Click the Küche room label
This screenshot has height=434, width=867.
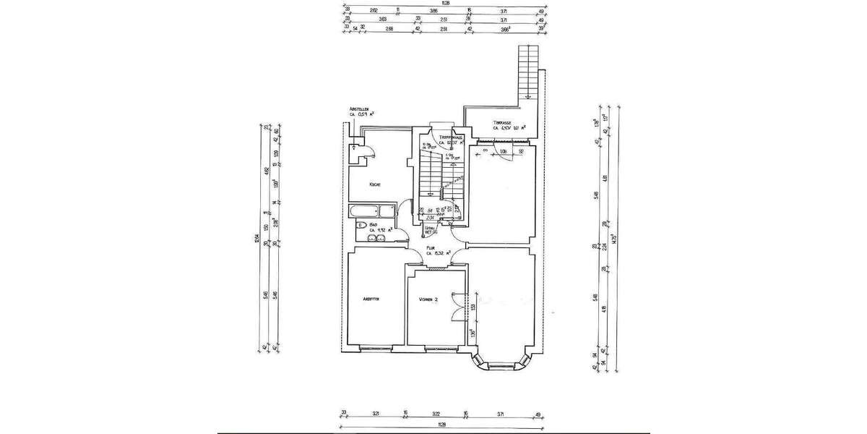pyautogui.click(x=375, y=184)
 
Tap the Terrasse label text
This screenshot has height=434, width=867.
pyautogui.click(x=503, y=123)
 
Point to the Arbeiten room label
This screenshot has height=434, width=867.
pyautogui.click(x=371, y=299)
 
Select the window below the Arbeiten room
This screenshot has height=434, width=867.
pyautogui.click(x=374, y=348)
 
